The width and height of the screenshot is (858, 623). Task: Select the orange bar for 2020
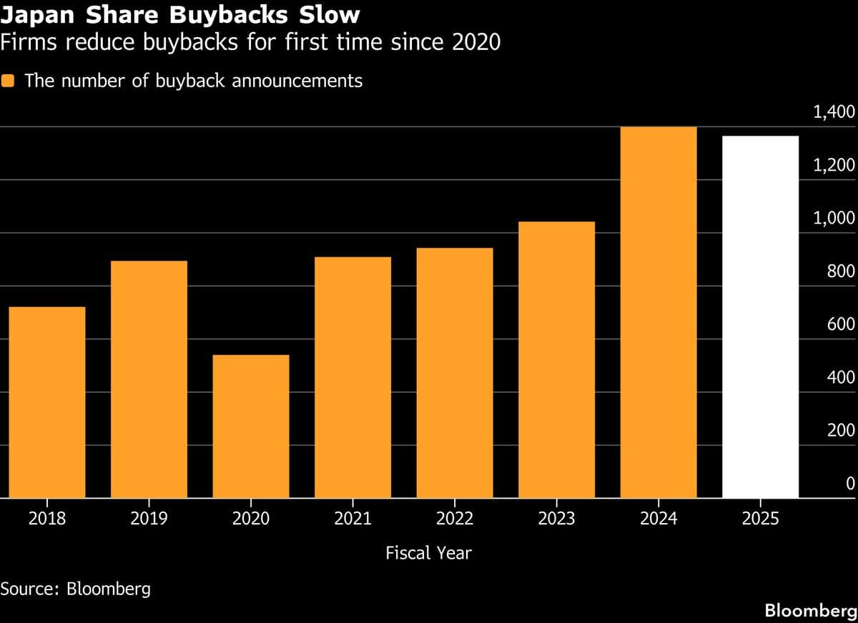coord(251,427)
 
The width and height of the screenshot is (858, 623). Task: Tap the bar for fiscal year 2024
coord(659,312)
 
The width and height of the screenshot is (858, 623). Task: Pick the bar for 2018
coord(47,402)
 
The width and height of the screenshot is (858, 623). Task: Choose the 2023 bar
coord(556,359)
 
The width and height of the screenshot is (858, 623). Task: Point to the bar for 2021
coord(352,377)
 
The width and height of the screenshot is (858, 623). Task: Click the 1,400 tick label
coord(834,112)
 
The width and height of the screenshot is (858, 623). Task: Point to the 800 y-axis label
coord(841,271)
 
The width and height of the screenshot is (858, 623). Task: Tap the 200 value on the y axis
coord(841,430)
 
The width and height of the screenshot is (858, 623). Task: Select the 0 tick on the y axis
coord(850,484)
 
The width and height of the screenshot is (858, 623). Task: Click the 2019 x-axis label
coord(149,519)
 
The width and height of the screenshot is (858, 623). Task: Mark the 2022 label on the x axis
coord(455,519)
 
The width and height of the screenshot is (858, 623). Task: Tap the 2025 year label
coord(760,519)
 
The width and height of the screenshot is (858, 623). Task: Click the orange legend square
coord(9,81)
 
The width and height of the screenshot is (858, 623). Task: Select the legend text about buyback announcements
coord(193,81)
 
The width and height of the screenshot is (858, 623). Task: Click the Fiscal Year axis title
coord(428,553)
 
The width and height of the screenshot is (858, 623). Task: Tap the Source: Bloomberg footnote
coord(75,589)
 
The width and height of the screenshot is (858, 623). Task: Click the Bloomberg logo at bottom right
coord(810,611)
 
